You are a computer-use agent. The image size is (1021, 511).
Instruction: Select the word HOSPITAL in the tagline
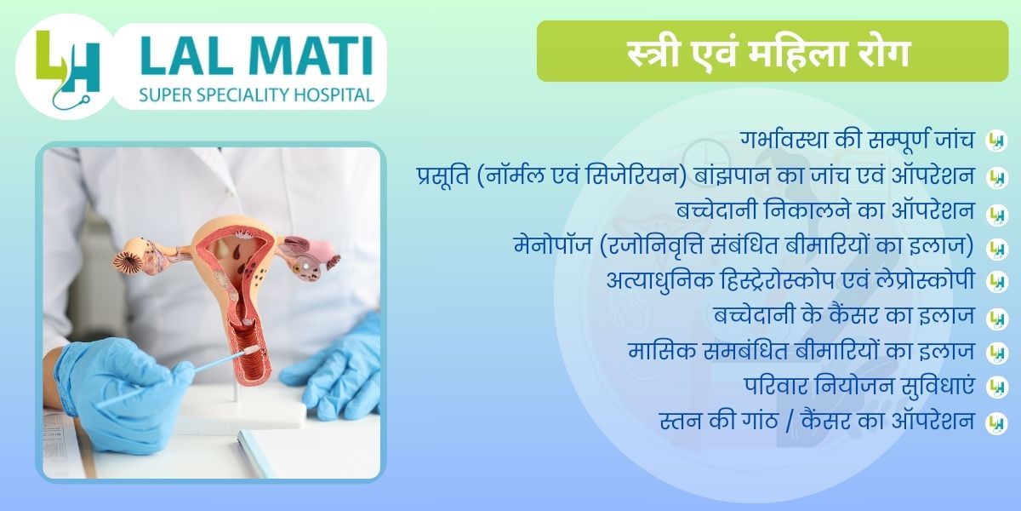coord(334,95)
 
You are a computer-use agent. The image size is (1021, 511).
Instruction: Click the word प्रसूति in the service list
coord(443,175)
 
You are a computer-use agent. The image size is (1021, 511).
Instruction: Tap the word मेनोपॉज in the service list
coord(552,245)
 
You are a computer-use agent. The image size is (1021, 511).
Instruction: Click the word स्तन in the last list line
coord(680,420)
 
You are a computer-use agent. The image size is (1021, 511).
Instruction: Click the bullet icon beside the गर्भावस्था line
coord(996,141)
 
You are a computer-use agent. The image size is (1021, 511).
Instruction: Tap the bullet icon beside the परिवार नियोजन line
coord(996,388)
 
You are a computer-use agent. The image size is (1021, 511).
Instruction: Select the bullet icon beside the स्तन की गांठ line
coord(996,423)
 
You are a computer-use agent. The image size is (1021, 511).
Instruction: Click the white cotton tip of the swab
coord(251,351)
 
